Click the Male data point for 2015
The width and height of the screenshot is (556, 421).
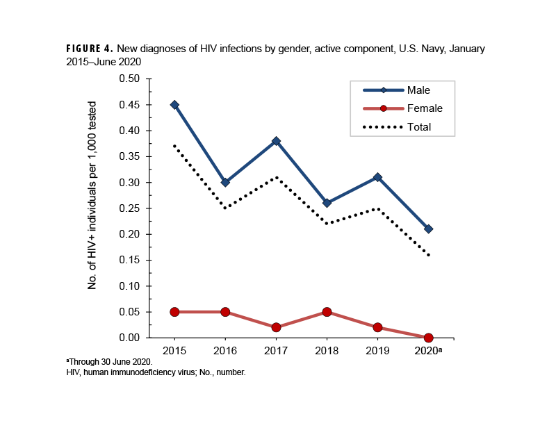tap(174, 105)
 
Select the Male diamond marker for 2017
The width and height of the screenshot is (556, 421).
tap(276, 141)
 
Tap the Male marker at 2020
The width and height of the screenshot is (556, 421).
tap(428, 229)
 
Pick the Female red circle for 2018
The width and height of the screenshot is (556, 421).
tap(327, 312)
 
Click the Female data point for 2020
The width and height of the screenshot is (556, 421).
tap(428, 338)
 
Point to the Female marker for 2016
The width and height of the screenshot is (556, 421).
tap(225, 312)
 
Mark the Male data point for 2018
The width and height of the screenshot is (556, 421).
tap(327, 203)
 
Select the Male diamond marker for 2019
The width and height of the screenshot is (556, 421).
tap(377, 177)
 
